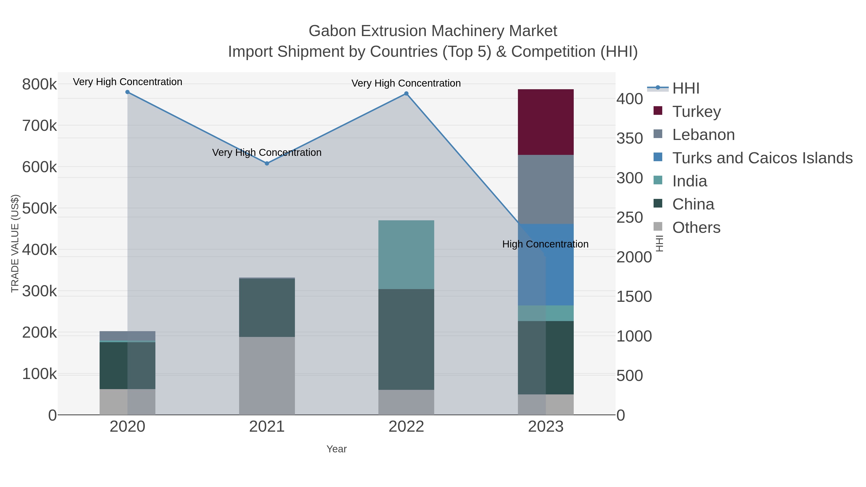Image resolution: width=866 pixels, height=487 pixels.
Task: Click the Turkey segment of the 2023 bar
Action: click(x=545, y=122)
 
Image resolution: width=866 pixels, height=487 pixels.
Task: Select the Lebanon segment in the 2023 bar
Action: click(x=545, y=189)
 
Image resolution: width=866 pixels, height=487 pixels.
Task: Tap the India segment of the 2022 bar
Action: click(x=406, y=254)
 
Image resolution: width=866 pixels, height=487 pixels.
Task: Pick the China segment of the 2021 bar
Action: click(x=267, y=308)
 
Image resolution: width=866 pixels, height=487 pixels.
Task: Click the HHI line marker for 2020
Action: click(x=127, y=92)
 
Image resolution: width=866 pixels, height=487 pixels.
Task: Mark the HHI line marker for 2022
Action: click(x=406, y=94)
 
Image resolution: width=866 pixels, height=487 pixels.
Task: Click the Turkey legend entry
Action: click(x=696, y=111)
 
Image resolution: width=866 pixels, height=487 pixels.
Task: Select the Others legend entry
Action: click(x=696, y=227)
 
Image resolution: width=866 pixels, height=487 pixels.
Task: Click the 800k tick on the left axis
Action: click(x=39, y=84)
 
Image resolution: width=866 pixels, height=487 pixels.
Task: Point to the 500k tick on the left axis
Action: click(x=39, y=208)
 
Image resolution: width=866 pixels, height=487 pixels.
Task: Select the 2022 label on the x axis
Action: click(x=406, y=426)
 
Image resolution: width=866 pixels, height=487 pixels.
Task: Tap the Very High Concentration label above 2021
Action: click(x=267, y=152)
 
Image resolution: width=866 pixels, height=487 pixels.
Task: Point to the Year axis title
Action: click(x=337, y=449)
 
